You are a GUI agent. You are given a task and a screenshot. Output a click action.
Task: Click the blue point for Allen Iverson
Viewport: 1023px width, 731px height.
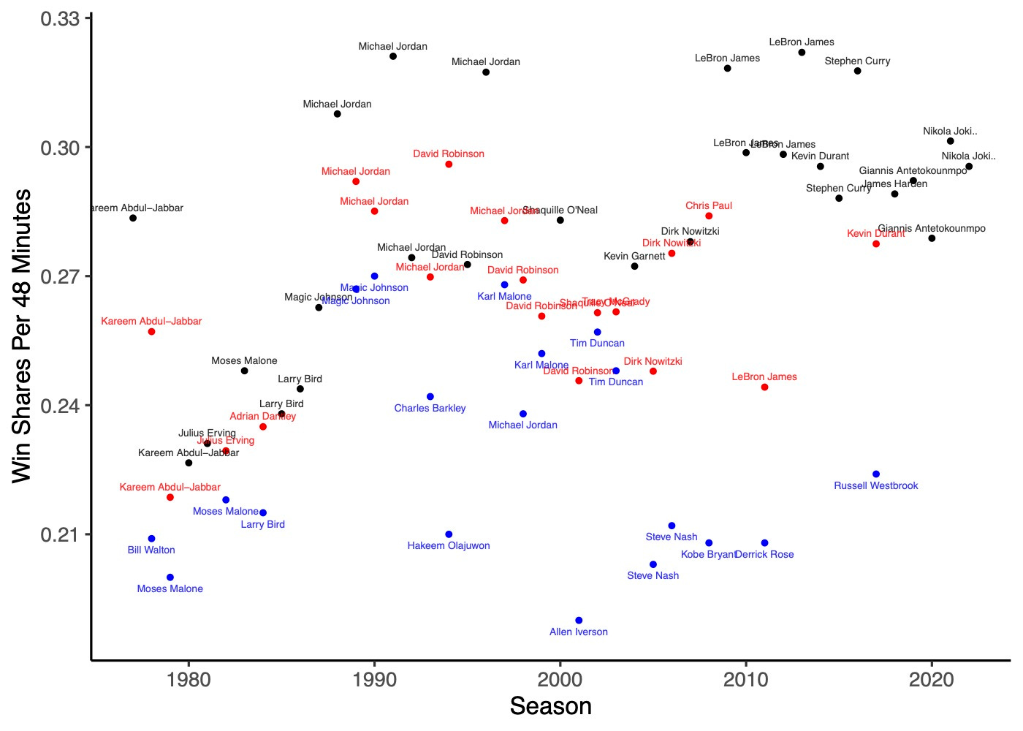pos(579,621)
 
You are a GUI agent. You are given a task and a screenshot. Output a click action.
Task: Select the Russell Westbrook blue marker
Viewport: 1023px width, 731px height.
pos(876,474)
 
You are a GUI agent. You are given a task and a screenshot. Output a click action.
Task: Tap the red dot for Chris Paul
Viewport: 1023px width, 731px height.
pos(709,216)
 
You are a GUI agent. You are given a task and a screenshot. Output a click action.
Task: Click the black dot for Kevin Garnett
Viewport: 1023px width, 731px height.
pos(634,266)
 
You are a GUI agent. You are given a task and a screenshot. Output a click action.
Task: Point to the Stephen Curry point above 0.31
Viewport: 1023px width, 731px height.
pos(857,71)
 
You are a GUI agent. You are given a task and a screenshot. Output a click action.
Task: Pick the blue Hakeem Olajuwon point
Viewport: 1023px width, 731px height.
pos(449,534)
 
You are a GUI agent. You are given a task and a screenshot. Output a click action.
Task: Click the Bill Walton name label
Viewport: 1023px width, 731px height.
pos(151,550)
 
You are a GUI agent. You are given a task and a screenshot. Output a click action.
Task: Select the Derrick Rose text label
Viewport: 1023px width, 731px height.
pos(764,555)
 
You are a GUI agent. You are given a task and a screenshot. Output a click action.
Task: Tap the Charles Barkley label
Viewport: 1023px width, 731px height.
pos(430,409)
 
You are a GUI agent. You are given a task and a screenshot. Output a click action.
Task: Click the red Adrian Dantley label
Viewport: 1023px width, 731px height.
pos(263,417)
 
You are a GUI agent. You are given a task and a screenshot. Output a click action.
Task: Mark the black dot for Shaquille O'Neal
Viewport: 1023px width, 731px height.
pos(560,220)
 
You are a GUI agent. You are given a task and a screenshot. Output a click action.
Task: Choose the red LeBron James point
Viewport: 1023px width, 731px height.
pos(764,387)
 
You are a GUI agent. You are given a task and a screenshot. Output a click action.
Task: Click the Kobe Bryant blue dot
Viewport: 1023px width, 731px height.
pos(709,543)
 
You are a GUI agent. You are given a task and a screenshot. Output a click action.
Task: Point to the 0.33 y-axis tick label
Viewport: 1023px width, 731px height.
pos(60,18)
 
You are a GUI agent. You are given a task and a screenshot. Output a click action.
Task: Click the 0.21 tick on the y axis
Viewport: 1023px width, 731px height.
pos(60,535)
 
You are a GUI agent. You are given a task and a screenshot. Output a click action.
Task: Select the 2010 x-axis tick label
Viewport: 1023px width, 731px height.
pos(745,681)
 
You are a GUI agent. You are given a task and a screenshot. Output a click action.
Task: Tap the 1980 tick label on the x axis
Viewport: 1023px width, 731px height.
pos(189,681)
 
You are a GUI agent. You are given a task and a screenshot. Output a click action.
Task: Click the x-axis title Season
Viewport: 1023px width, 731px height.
pos(550,707)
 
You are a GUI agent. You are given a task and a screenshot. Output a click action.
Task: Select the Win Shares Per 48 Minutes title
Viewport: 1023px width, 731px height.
pos(22,336)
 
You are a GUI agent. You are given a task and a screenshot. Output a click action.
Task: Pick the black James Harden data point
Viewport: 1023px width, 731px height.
pos(894,194)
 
